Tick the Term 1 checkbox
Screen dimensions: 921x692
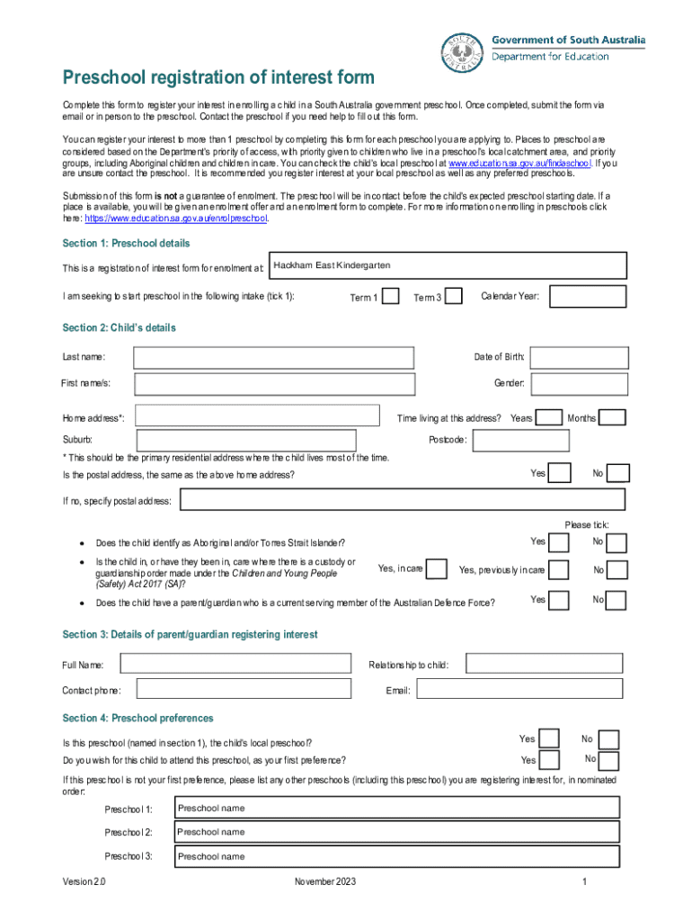point(390,297)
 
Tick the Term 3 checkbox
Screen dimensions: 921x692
point(454,297)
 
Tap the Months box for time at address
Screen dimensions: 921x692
point(612,418)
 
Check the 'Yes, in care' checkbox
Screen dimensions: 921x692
point(437,569)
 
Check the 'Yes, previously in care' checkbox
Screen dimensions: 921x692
point(558,570)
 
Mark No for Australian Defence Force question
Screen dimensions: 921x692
point(617,600)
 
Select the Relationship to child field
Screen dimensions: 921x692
point(544,665)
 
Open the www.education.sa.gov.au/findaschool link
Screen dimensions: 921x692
point(519,165)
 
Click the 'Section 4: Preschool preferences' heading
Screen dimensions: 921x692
point(138,719)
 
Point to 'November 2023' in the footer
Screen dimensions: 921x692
point(325,882)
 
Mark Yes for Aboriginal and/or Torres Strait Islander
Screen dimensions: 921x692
point(558,542)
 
